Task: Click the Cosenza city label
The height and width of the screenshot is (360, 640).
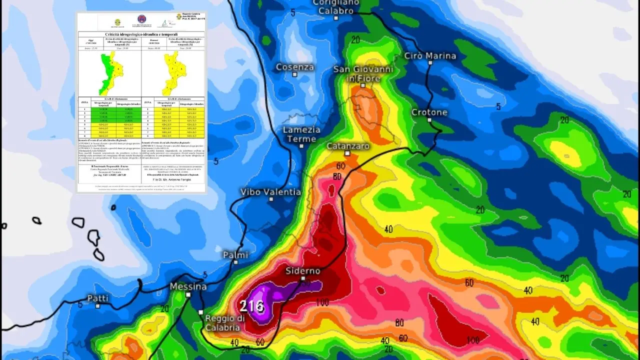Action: pyautogui.click(x=295, y=67)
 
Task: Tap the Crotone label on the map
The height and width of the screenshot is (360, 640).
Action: pyautogui.click(x=429, y=112)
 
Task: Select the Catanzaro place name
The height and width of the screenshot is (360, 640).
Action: pyautogui.click(x=347, y=146)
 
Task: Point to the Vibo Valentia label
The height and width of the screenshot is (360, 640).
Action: pyautogui.click(x=270, y=191)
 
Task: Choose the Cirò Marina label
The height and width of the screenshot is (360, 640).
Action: pyautogui.click(x=430, y=55)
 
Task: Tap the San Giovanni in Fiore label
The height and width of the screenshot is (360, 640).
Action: pyautogui.click(x=363, y=74)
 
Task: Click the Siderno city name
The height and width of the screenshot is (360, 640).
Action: pyautogui.click(x=302, y=270)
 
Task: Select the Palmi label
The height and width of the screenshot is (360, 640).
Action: pyautogui.click(x=235, y=254)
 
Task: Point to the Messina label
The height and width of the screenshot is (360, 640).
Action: pyautogui.click(x=188, y=286)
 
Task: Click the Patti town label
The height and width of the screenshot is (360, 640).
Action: pyautogui.click(x=97, y=298)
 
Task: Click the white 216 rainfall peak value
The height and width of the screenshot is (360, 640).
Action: pyautogui.click(x=251, y=305)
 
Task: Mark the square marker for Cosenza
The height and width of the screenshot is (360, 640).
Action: pyautogui.click(x=294, y=74)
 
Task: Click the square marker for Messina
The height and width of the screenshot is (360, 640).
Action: pyautogui.click(x=188, y=294)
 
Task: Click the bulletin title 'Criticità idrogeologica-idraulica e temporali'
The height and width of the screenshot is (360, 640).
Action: pyautogui.click(x=141, y=34)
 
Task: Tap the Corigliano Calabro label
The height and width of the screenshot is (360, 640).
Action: pyautogui.click(x=336, y=6)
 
